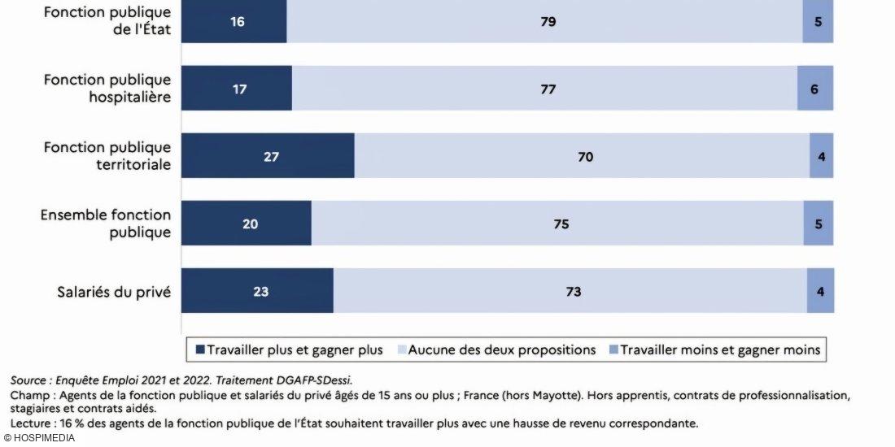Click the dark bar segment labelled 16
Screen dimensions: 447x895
tap(234, 22)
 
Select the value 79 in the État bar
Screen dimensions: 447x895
tap(548, 22)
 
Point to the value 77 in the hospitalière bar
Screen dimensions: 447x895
tap(548, 89)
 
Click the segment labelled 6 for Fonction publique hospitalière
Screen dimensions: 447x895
tap(814, 89)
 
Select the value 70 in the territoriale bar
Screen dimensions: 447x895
tap(585, 156)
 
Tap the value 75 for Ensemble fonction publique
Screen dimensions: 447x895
tap(561, 223)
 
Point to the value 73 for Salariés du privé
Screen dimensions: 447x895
tap(573, 291)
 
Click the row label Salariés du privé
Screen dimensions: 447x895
tap(114, 291)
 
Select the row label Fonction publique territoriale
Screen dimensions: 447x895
tap(107, 155)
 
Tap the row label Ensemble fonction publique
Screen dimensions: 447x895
tap(106, 223)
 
